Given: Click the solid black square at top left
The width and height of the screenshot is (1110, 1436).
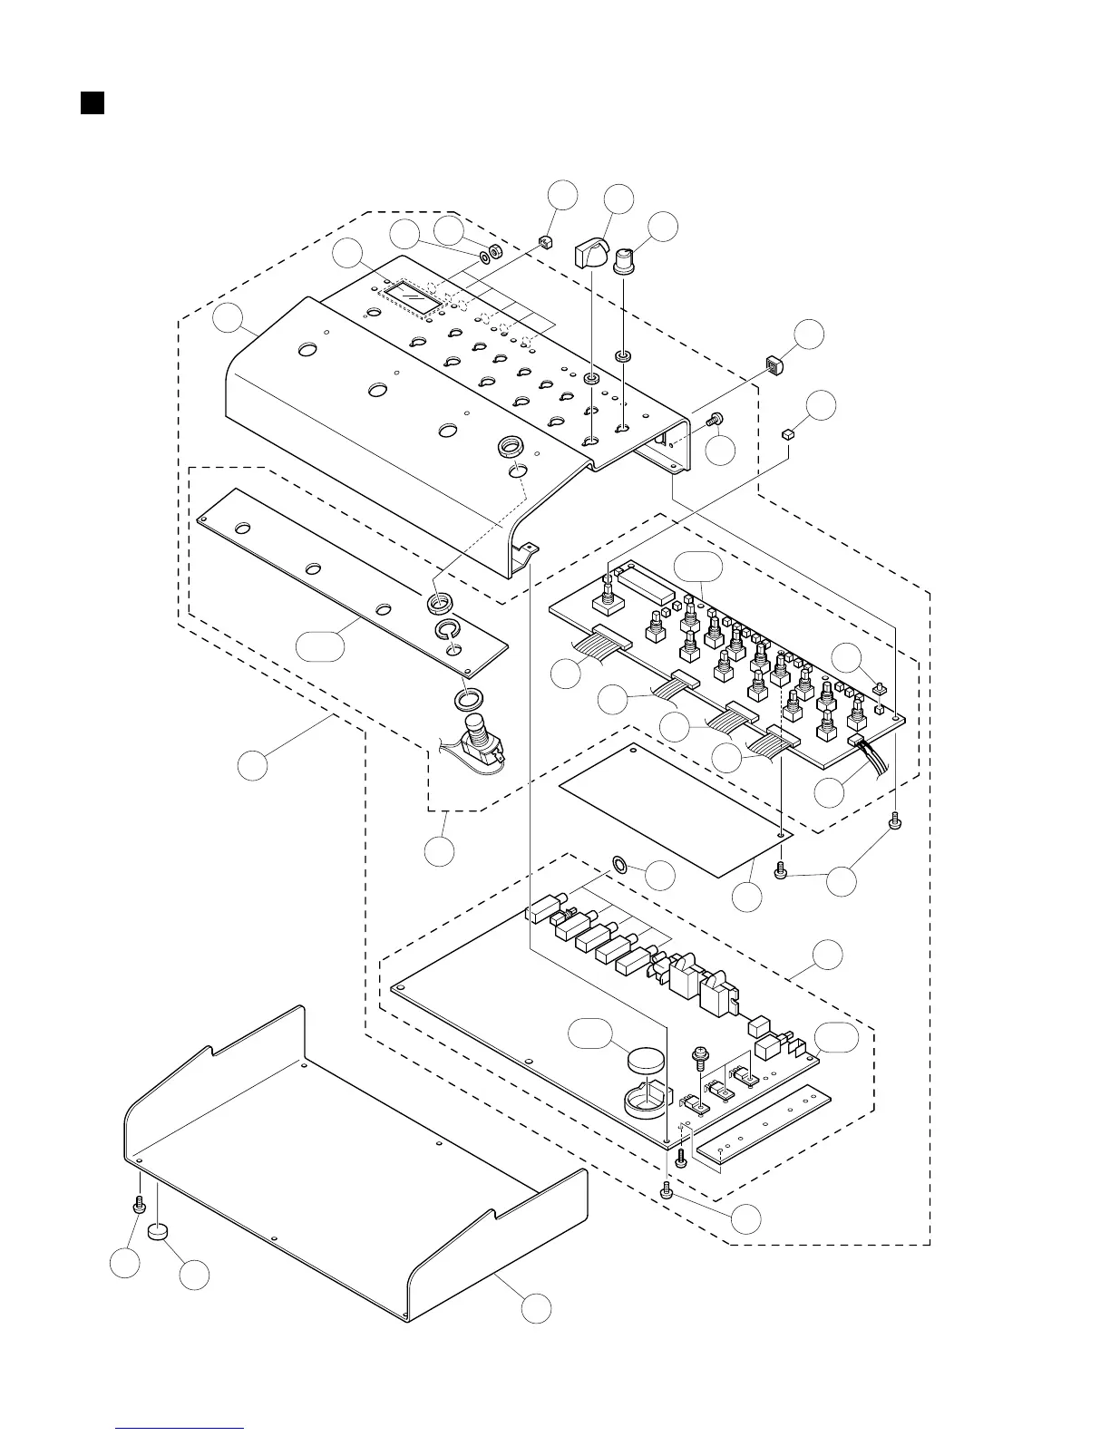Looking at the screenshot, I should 91,102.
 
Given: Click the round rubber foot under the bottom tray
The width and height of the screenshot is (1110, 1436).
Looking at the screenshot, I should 160,1230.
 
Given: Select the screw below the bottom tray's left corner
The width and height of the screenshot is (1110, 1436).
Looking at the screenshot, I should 140,1205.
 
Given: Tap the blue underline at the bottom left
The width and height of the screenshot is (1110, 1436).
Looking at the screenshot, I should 180,1428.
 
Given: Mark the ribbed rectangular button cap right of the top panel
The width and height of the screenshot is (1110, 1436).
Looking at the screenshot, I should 774,365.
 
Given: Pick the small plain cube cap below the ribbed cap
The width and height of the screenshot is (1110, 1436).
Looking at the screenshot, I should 787,436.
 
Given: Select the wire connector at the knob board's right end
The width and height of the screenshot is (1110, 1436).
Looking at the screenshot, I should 856,741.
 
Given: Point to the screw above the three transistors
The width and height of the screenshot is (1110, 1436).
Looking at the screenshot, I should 702,1056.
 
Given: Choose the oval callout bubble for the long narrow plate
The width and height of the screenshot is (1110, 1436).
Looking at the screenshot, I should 320,646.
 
